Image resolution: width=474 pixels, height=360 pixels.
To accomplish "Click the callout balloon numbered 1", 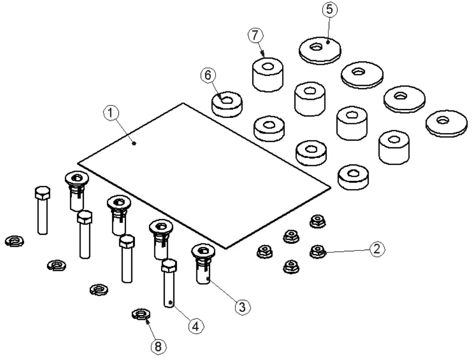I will (x=111, y=113).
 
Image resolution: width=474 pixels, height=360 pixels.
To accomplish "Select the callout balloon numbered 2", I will (x=376, y=249).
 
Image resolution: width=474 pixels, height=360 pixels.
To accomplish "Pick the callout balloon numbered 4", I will (x=196, y=326).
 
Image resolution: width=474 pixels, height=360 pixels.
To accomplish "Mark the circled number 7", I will (x=255, y=36).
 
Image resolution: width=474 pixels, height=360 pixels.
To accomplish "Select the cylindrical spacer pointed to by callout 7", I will (x=267, y=76).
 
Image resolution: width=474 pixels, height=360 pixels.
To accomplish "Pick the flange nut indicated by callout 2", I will (x=317, y=251).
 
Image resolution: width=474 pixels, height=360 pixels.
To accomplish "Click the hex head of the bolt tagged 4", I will (x=168, y=266).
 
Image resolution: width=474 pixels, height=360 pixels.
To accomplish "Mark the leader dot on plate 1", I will (x=134, y=143).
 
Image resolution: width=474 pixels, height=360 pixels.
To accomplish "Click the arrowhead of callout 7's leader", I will (x=263, y=55).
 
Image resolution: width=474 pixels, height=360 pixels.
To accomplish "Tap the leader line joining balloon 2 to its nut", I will (x=347, y=250).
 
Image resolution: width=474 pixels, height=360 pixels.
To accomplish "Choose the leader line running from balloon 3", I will (x=224, y=292).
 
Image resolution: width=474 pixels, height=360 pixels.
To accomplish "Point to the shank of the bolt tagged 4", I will (x=169, y=289).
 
